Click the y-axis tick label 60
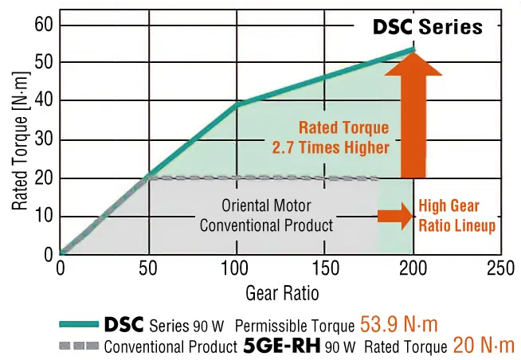coord(41,25)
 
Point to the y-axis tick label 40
coord(41,101)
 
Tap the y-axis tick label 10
coord(41,216)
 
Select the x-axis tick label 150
coord(324,269)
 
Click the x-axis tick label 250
coord(500,269)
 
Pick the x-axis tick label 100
coord(237,269)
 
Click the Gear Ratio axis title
coord(282,292)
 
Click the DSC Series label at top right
coord(428,27)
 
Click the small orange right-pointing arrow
coord(392,215)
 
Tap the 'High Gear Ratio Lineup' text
coord(456,216)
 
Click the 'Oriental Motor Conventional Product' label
coord(266,215)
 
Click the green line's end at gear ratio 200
coord(413,49)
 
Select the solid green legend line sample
coord(79,325)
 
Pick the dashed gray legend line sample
coord(79,346)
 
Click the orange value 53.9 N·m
coord(399,324)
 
